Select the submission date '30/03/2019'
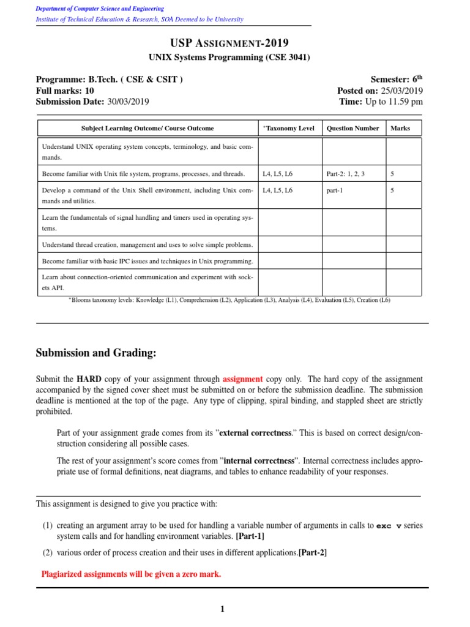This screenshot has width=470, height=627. [x=128, y=102]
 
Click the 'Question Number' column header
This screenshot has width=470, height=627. [x=353, y=129]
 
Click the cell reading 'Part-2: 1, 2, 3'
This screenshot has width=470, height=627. [x=346, y=174]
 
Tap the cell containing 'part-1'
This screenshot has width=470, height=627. [x=335, y=190]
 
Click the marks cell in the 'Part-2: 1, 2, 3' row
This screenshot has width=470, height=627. [x=392, y=174]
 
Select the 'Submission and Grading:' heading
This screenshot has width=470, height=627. [x=96, y=353]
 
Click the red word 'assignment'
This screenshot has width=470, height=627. [x=243, y=380]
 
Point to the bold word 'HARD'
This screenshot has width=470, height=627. [x=89, y=380]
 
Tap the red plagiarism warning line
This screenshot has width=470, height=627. [x=131, y=574]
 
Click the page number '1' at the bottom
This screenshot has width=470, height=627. [x=223, y=609]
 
